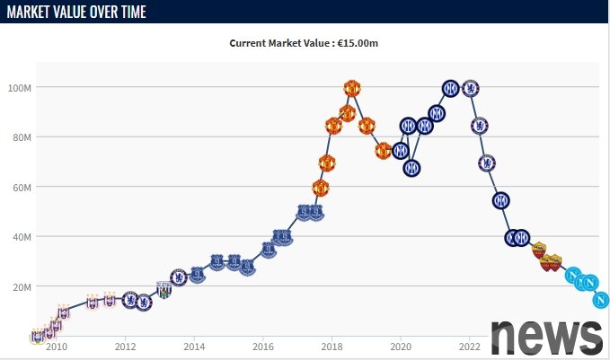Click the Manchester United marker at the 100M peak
pos(352,88)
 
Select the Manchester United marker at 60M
pos(321,188)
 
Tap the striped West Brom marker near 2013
pos(164,290)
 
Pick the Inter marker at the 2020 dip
pos(411,167)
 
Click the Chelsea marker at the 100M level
pos(469,88)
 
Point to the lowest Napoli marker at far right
pos(601,300)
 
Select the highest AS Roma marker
pos(538,250)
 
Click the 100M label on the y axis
pos(21,88)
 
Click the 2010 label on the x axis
pos(57,347)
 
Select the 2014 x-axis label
pos(194,347)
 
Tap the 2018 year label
pos(332,347)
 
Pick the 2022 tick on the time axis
pos(470,347)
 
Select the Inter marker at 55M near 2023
pos(501,200)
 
